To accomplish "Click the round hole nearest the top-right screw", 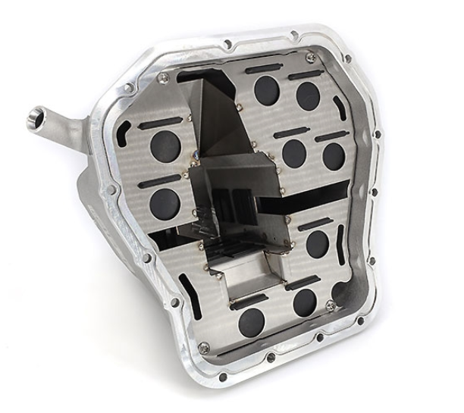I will (307, 92).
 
